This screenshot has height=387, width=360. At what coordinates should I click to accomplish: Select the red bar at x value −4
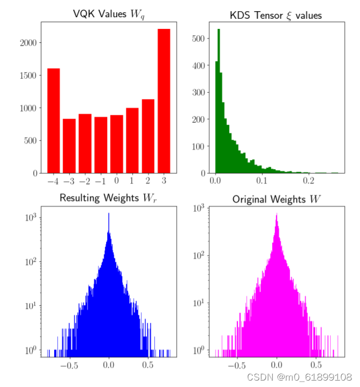(54, 120)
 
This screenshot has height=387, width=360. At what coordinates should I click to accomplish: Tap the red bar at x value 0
(117, 144)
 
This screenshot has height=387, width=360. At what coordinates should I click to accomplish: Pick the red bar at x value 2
(148, 136)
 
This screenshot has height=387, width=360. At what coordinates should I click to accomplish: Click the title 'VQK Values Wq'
(109, 14)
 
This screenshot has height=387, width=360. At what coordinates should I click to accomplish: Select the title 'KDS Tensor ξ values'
(276, 15)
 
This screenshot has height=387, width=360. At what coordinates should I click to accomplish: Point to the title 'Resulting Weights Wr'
(109, 198)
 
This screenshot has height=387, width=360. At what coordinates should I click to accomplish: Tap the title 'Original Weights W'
(276, 199)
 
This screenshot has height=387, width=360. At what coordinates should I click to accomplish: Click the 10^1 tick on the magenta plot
(198, 304)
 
